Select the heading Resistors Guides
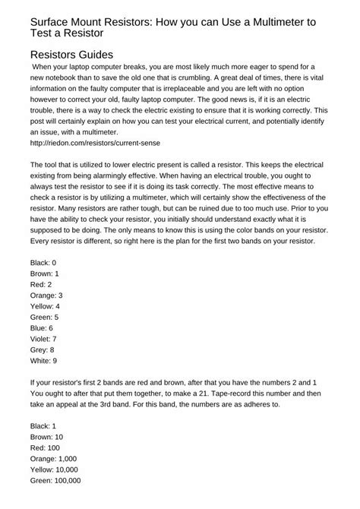[71, 55]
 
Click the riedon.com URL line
[84, 142]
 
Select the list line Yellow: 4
[46, 306]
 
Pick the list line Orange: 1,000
[55, 459]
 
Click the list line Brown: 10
[48, 437]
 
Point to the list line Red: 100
[45, 448]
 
